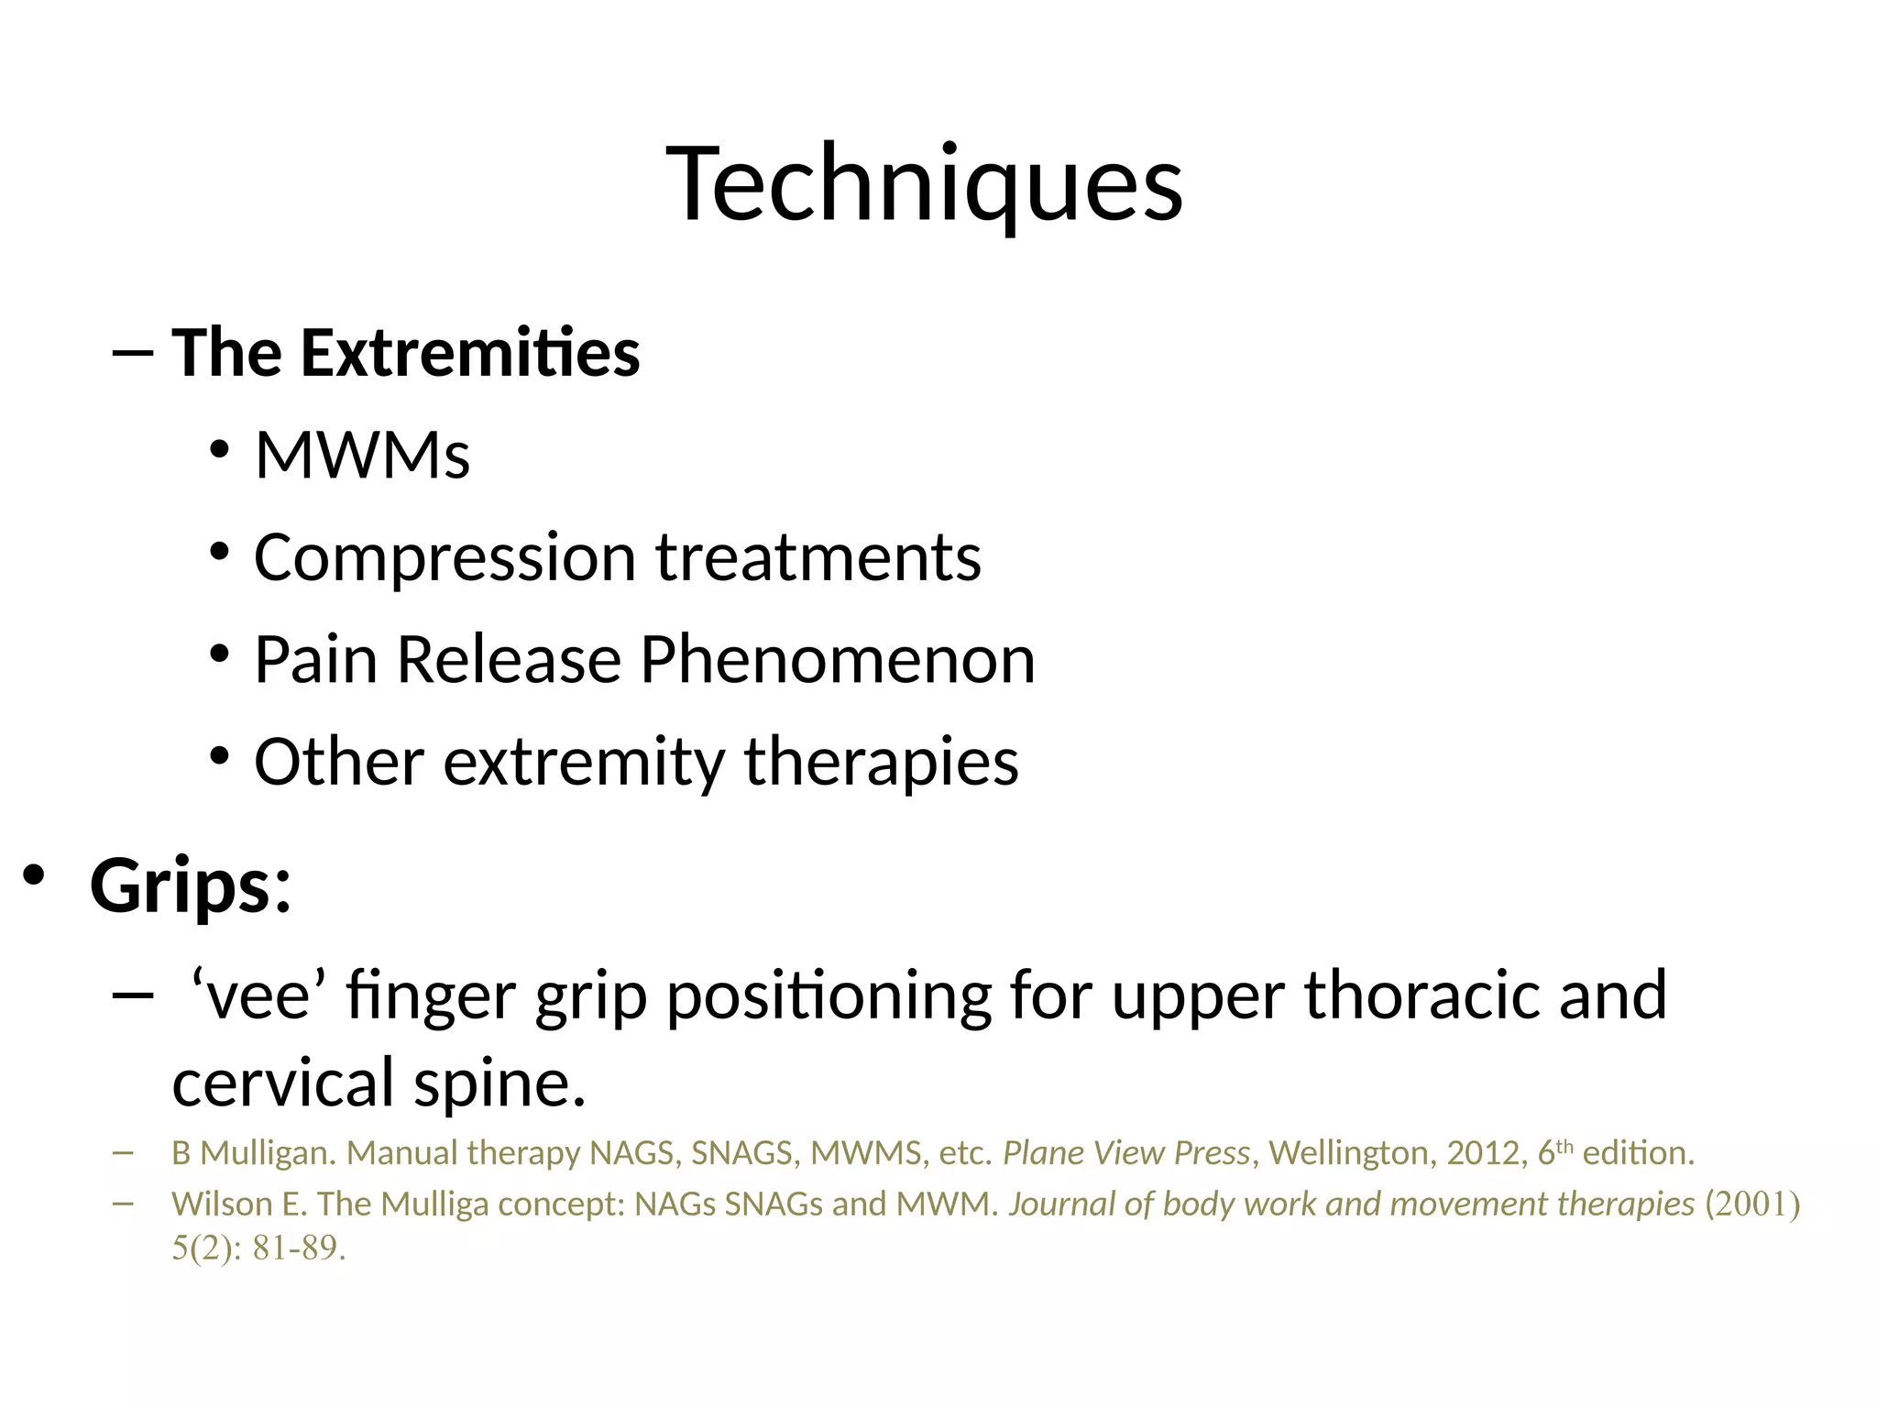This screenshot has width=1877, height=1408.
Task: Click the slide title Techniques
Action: (924, 183)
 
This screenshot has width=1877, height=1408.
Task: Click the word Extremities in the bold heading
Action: (470, 353)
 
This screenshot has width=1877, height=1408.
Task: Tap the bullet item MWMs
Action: (362, 455)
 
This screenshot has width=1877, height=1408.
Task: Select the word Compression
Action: (445, 558)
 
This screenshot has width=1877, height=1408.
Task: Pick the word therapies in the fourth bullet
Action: (881, 762)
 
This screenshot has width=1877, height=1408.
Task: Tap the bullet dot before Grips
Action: (34, 875)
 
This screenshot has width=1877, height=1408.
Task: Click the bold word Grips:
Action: (191, 886)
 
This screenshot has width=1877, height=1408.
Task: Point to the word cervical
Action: (283, 1083)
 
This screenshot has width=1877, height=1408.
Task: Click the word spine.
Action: (499, 1083)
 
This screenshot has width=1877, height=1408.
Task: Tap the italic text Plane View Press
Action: (1126, 1152)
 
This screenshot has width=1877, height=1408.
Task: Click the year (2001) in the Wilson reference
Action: (1752, 1204)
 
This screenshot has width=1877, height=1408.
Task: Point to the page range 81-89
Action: (299, 1248)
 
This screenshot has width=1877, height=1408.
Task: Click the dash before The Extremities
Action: (130, 354)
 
